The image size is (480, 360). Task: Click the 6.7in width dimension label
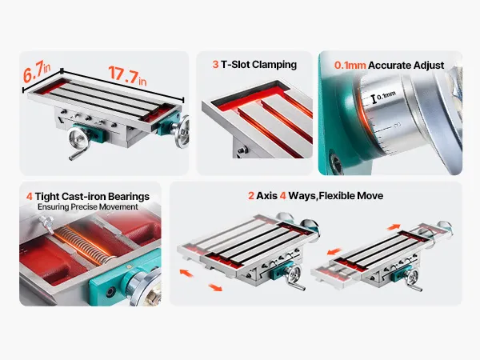[x=37, y=72]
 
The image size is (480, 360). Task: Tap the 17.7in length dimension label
[x=127, y=76]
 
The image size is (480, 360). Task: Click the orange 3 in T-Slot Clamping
[x=215, y=64]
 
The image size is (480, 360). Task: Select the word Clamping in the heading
[x=274, y=65]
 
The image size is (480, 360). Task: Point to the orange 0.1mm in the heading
[x=350, y=66]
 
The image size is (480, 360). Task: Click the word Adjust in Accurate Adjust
[x=429, y=66]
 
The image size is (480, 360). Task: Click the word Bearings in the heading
[x=129, y=197]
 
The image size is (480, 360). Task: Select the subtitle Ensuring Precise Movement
[x=88, y=207]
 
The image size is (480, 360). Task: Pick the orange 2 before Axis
[x=251, y=196]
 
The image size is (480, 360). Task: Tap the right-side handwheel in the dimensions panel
[x=182, y=132]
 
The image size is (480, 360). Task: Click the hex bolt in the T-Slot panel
[x=242, y=150]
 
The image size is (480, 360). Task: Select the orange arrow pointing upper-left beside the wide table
[x=186, y=273]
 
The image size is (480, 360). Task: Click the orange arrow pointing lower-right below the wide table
[x=215, y=287]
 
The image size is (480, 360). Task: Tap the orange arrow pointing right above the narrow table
[x=394, y=227]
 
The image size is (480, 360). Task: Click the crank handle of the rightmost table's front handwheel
[x=417, y=287]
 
